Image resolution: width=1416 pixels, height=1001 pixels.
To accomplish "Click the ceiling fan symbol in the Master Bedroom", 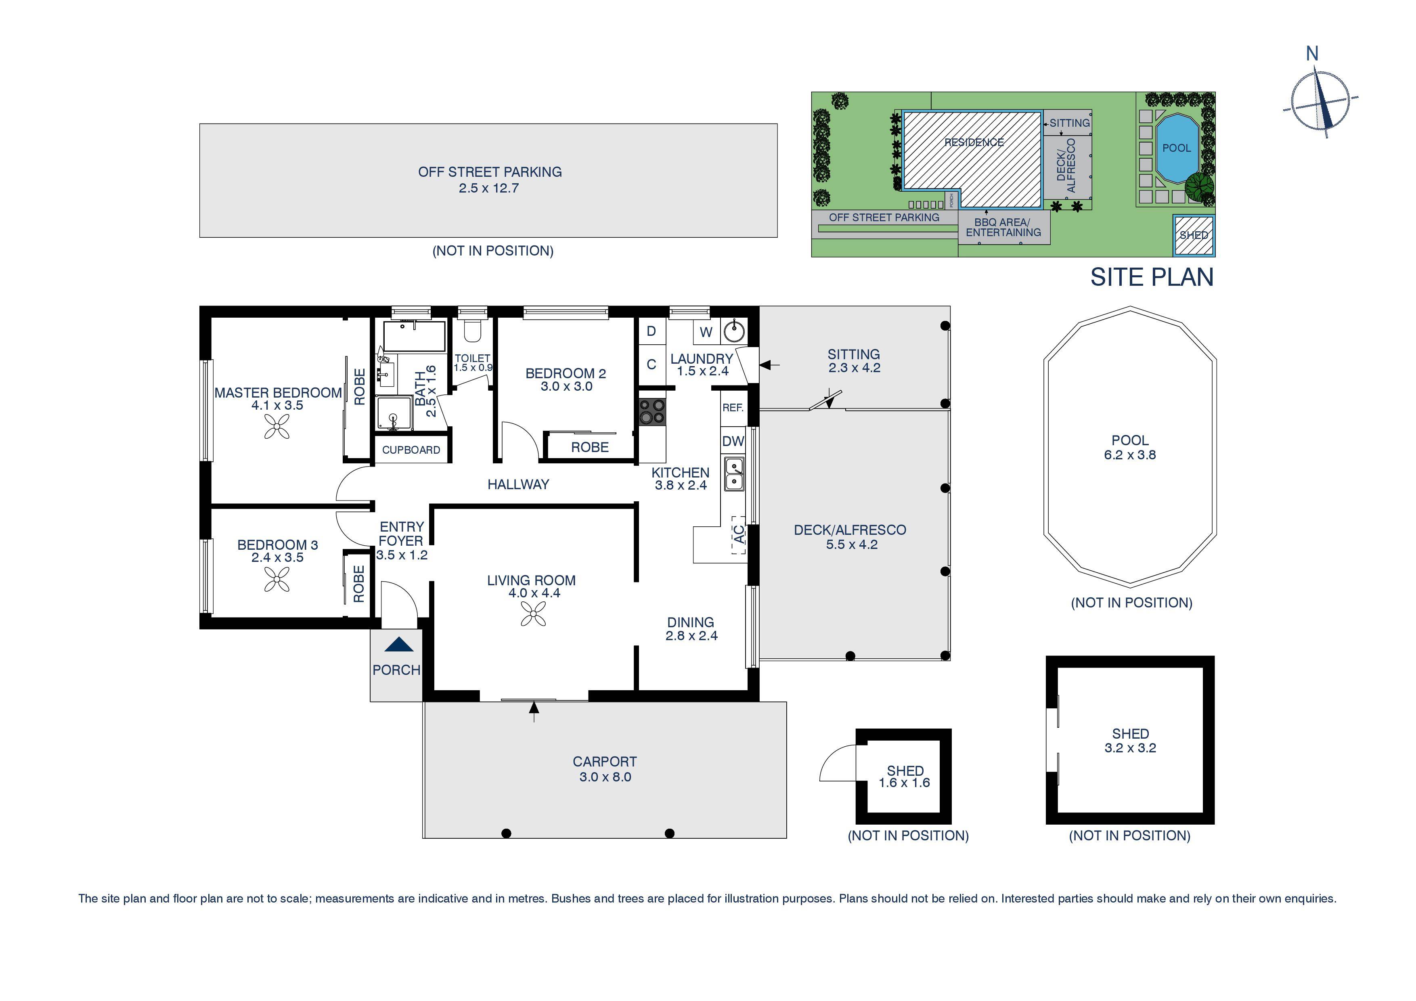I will [277, 426].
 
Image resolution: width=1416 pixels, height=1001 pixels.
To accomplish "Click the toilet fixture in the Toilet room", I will [472, 331].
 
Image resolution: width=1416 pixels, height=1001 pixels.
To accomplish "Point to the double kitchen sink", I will [734, 474].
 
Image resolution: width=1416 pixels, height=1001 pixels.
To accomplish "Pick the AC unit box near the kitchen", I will [739, 535].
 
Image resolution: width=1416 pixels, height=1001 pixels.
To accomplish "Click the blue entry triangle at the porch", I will [399, 645].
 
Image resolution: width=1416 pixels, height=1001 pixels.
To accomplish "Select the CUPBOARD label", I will [411, 450].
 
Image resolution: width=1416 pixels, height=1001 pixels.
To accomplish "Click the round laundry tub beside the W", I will [734, 331].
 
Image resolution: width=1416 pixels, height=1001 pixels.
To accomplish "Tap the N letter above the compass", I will [1312, 54].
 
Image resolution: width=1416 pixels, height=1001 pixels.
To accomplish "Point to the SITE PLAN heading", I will [1152, 278].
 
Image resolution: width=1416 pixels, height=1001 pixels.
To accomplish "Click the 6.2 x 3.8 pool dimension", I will [1130, 455].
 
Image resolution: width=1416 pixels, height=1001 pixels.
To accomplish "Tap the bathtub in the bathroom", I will [414, 336].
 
